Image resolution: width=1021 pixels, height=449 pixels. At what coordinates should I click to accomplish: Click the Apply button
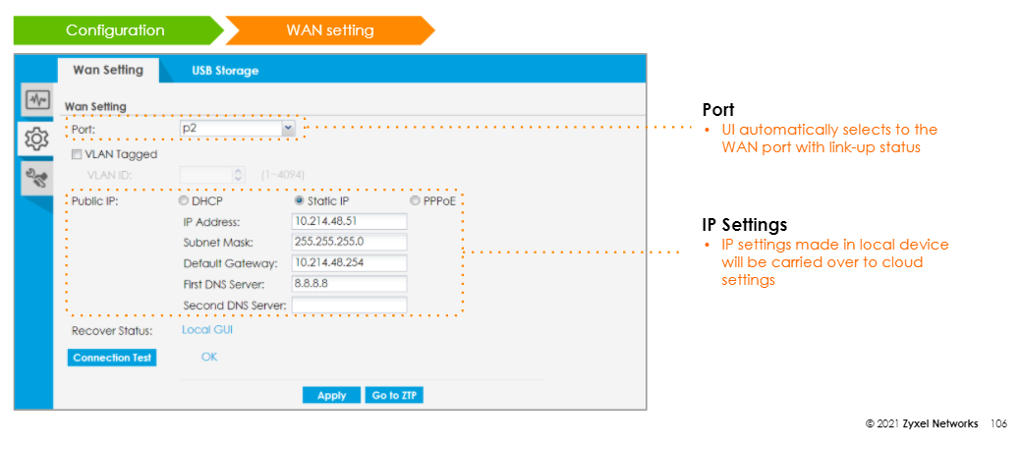pyautogui.click(x=331, y=395)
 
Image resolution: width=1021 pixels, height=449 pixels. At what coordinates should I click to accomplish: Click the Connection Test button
pyautogui.click(x=112, y=358)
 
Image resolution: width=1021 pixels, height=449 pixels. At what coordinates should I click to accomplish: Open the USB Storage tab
pyautogui.click(x=225, y=71)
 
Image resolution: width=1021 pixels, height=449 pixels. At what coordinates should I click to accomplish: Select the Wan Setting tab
pyautogui.click(x=108, y=70)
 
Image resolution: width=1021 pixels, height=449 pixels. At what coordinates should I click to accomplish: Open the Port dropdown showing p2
pyautogui.click(x=238, y=129)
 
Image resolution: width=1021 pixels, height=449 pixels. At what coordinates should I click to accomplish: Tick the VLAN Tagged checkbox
pyautogui.click(x=77, y=154)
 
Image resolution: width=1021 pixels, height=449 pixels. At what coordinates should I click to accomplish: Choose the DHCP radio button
pyautogui.click(x=184, y=200)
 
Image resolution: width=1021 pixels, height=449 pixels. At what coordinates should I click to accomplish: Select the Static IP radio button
pyautogui.click(x=300, y=200)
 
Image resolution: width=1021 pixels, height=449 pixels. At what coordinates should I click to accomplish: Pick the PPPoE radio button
pyautogui.click(x=415, y=200)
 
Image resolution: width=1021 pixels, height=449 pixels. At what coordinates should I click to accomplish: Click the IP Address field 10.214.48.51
pyautogui.click(x=349, y=221)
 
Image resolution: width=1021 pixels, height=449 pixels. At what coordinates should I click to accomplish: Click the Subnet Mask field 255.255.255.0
pyautogui.click(x=349, y=242)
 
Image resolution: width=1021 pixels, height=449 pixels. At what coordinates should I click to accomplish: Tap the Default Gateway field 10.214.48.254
pyautogui.click(x=349, y=262)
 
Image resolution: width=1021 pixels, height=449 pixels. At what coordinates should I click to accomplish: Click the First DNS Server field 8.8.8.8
pyautogui.click(x=349, y=284)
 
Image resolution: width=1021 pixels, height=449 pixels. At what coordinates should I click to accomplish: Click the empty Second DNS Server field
pyautogui.click(x=349, y=306)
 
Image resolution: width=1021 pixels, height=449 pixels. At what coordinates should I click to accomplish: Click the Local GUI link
pyautogui.click(x=206, y=330)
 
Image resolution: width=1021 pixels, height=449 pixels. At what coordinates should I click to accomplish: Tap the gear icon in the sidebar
pyautogui.click(x=36, y=139)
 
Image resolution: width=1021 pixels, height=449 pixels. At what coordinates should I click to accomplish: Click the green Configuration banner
pyautogui.click(x=115, y=30)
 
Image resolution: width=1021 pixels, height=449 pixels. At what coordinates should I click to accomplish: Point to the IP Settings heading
pyautogui.click(x=744, y=225)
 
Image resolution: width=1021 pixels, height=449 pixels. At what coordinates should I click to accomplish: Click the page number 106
pyautogui.click(x=999, y=423)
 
